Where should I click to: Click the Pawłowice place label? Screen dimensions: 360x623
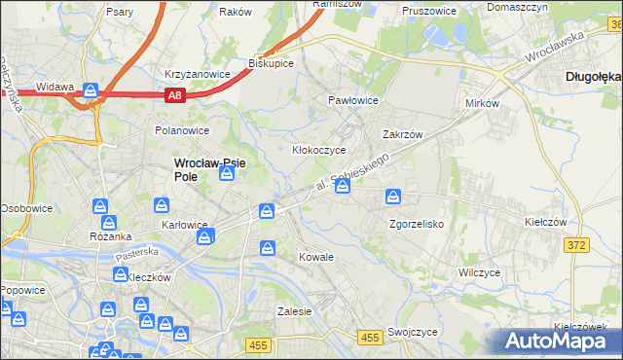click(351, 100)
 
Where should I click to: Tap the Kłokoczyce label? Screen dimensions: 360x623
click(319, 150)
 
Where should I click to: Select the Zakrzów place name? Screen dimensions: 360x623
click(402, 135)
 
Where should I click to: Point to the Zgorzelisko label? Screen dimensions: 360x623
click(417, 223)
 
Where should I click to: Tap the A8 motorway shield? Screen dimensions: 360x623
click(173, 95)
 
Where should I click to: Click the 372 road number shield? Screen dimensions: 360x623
click(575, 245)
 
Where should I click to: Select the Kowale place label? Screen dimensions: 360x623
click(317, 257)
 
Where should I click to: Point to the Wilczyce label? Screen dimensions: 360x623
click(479, 272)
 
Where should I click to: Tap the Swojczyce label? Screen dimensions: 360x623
click(411, 331)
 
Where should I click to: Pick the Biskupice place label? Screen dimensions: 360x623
click(272, 62)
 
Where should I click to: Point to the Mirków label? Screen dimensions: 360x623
click(482, 102)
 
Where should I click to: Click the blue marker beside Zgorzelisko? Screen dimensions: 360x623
click(393, 198)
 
